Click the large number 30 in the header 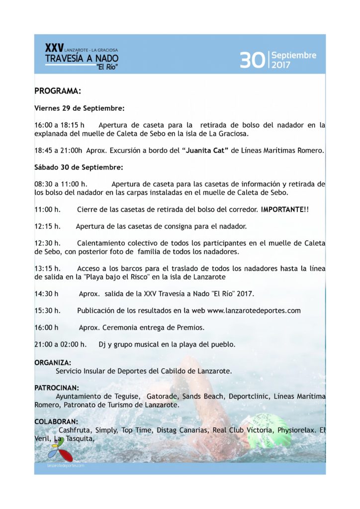coord(253,60)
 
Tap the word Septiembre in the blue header coord(294,55)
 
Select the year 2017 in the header coord(281,65)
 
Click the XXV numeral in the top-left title coord(54,48)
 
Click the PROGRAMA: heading coord(57,91)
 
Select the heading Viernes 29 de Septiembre coord(79,108)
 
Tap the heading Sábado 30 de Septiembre coord(78,167)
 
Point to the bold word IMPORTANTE coord(282,210)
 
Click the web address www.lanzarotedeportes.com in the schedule coord(254,311)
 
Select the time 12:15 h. coord(47,226)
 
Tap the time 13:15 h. coord(47,268)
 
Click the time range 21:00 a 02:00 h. coord(60,344)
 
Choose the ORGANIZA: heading coord(53,363)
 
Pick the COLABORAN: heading coord(55,422)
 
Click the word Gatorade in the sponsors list coord(162,396)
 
